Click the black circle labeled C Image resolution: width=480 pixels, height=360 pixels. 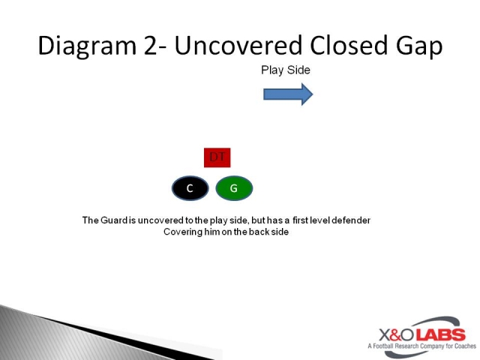tap(190, 188)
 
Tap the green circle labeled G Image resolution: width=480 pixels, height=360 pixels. tap(234, 188)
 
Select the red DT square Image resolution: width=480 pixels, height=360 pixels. tap(217, 157)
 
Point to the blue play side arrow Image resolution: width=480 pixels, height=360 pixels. tap(288, 94)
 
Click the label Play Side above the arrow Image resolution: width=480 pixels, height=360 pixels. tap(286, 70)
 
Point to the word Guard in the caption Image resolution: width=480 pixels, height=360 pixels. tap(115, 220)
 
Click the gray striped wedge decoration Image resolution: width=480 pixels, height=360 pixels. tap(90, 330)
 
